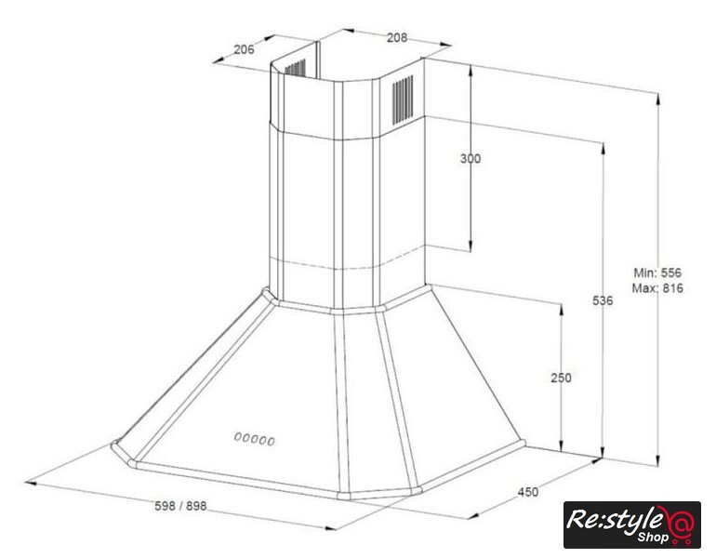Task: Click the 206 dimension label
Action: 244,49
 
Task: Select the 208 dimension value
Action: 397,37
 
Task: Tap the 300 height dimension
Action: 471,158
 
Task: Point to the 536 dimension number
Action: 603,300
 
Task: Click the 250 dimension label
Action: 561,378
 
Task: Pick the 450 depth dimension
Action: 528,492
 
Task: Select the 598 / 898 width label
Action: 180,506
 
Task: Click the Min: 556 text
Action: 657,272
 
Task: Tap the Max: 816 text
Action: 657,288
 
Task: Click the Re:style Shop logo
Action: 632,525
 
